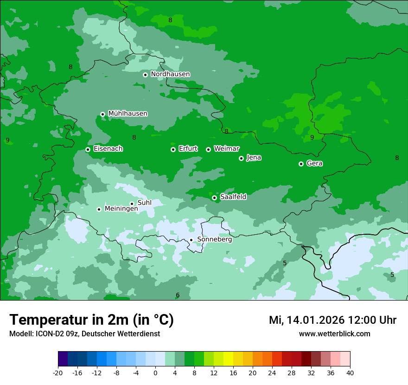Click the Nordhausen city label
[170, 74]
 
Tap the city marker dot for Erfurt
[173, 149]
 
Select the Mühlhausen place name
[127, 114]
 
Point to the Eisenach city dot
[88, 149]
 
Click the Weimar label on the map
[226, 149]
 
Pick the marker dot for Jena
[241, 158]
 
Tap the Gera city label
[314, 163]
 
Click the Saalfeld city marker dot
[214, 198]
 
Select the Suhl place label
[144, 203]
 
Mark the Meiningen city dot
[99, 209]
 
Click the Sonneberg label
[214, 239]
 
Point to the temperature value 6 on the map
[177, 295]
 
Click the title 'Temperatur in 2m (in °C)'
[91, 320]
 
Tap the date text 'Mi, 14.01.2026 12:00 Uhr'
[332, 320]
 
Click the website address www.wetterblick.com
[334, 334]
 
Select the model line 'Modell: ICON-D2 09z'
[84, 334]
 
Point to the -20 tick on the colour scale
[58, 372]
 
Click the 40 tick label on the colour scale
[350, 372]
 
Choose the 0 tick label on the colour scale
[155, 372]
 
